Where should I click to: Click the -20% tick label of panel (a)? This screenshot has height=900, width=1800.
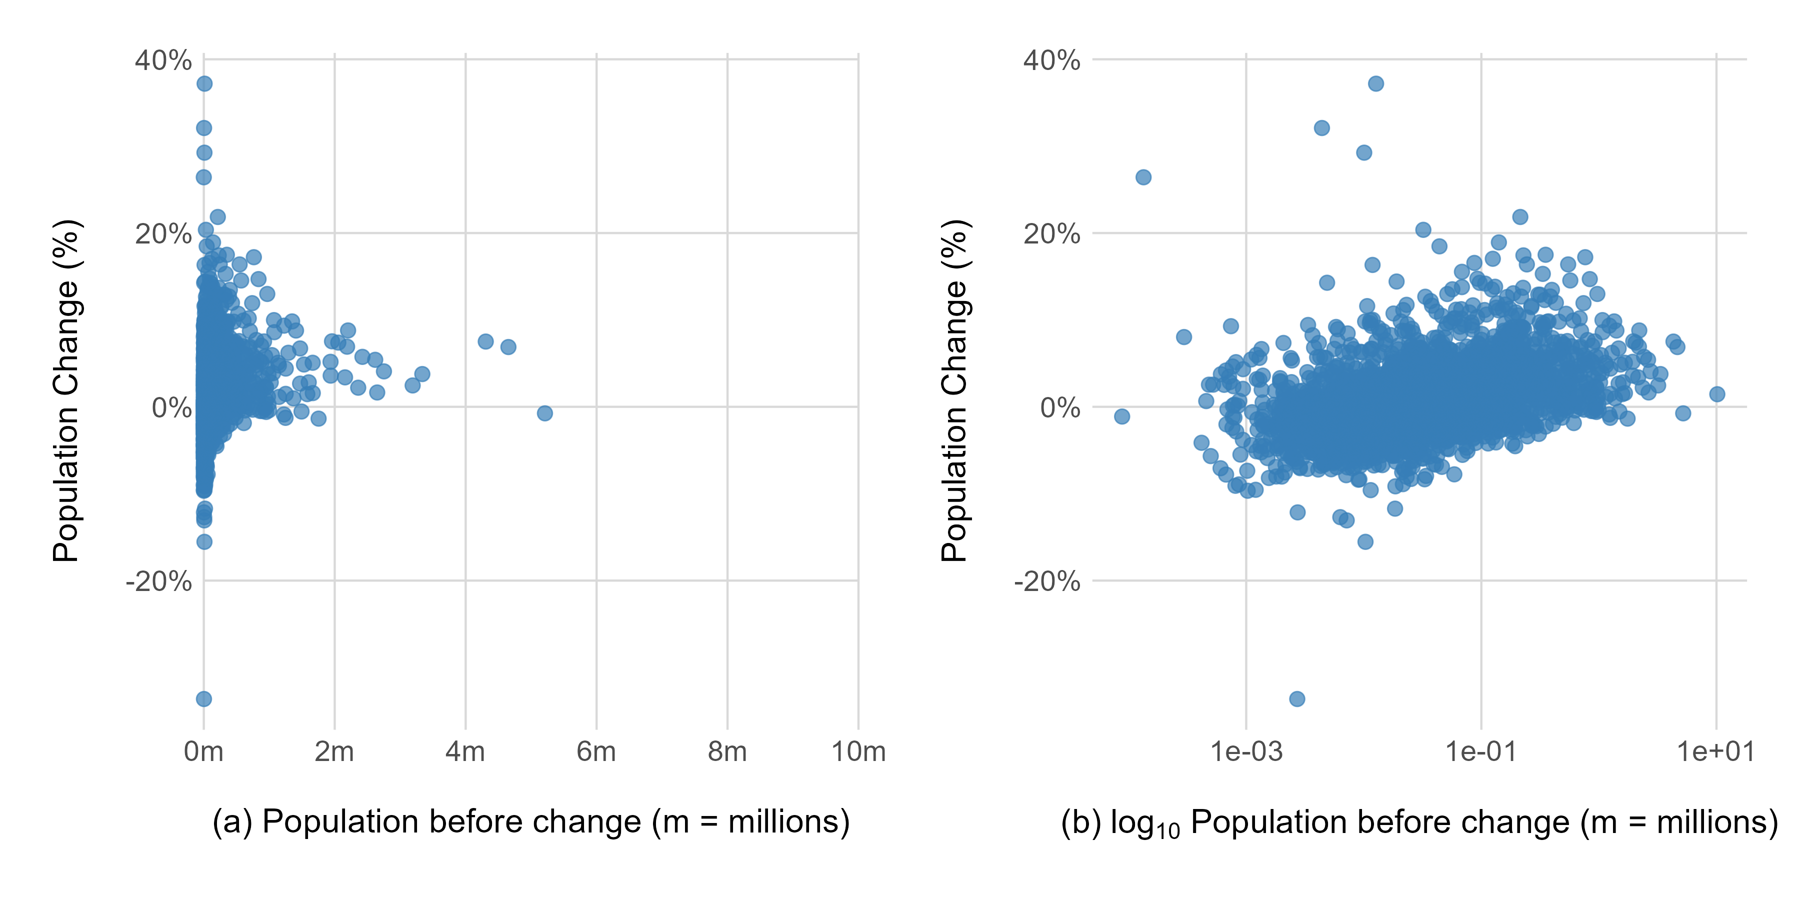point(158,581)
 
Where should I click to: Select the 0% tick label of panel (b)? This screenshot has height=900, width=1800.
point(1059,407)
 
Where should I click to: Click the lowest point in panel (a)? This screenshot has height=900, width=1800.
point(204,699)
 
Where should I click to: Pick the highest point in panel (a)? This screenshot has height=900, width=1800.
point(204,84)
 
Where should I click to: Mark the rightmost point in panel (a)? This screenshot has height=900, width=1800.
point(545,413)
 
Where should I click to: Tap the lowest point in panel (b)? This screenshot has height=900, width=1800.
point(1297,699)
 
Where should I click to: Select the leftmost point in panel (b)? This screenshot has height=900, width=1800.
point(1122,416)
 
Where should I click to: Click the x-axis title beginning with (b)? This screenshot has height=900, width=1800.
point(1418,822)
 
